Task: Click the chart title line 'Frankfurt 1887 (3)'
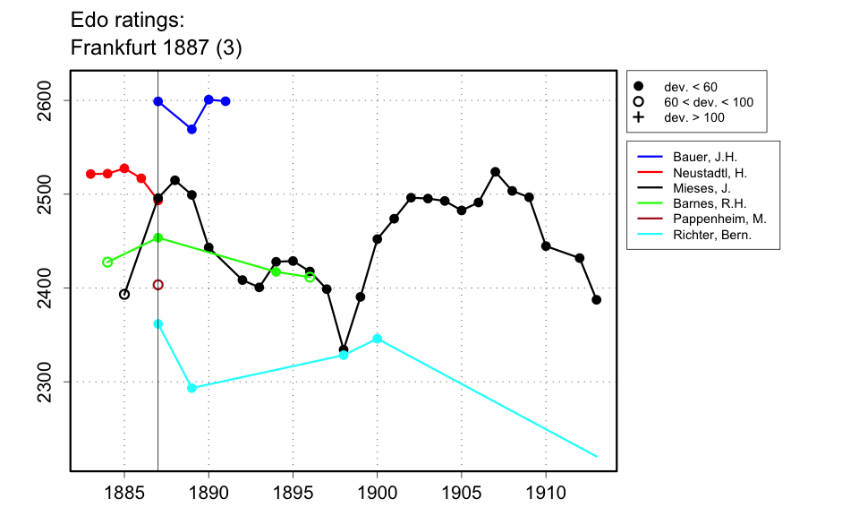click(156, 47)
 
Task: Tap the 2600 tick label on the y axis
click(54, 100)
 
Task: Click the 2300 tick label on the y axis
click(54, 382)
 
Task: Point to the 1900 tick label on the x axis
click(377, 493)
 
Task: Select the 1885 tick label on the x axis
click(124, 493)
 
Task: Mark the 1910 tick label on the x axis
click(546, 493)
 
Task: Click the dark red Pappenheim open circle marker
click(158, 285)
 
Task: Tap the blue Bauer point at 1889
click(191, 129)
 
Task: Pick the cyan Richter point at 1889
click(191, 388)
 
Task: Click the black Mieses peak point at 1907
click(495, 172)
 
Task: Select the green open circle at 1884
click(107, 262)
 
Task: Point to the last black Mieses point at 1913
click(596, 300)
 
